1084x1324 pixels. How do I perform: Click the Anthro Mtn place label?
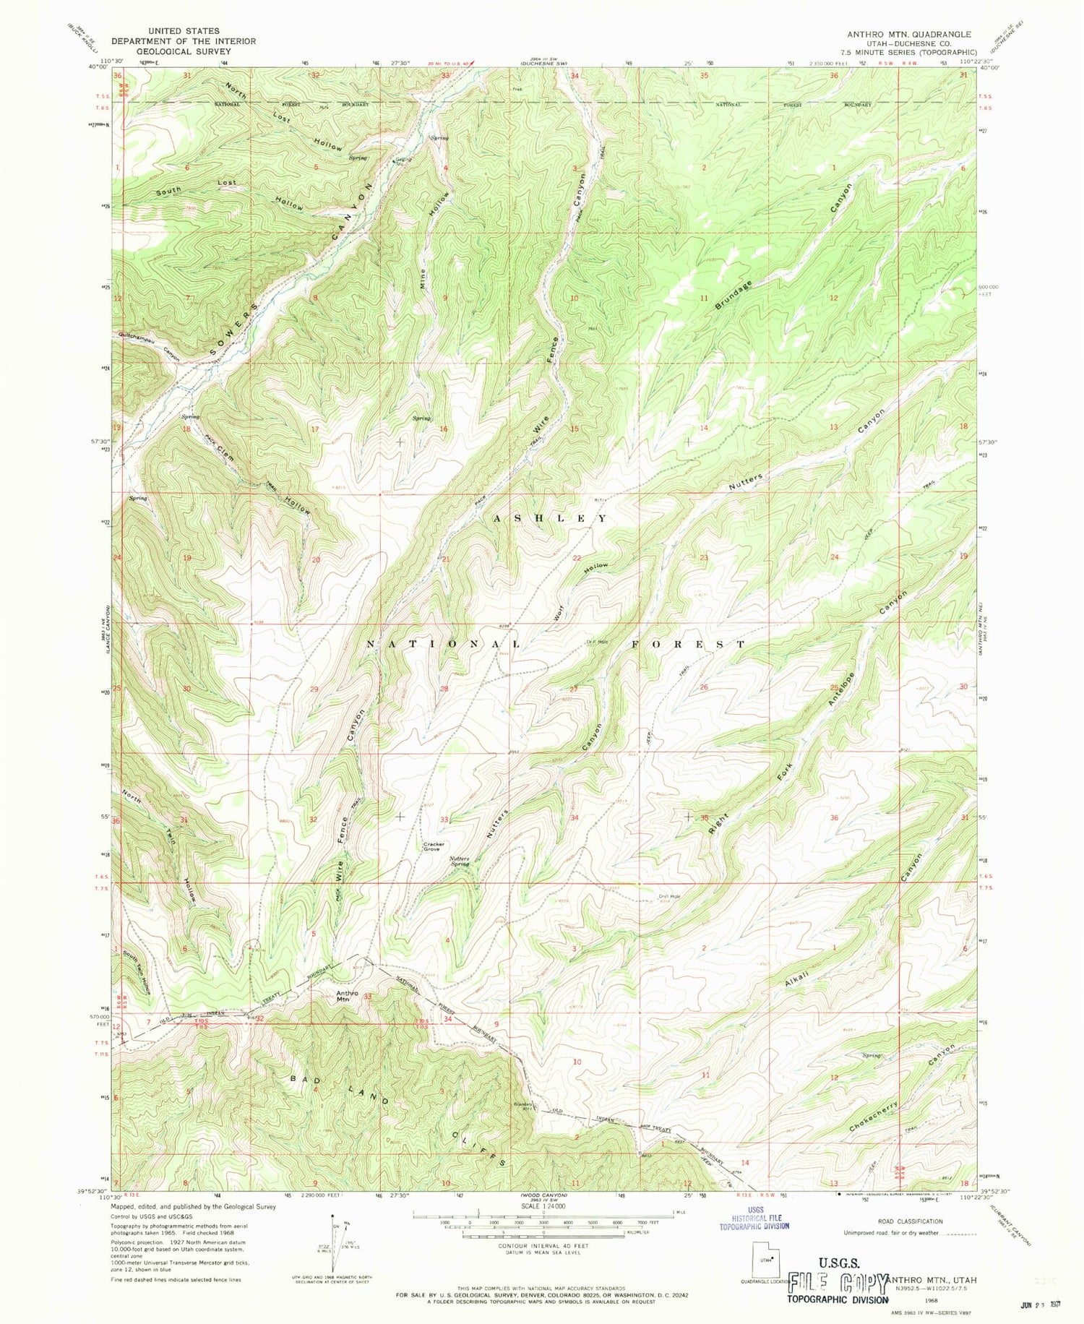coord(347,997)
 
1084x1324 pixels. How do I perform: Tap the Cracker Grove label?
coord(432,846)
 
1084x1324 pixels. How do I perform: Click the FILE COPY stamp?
coord(838,1284)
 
